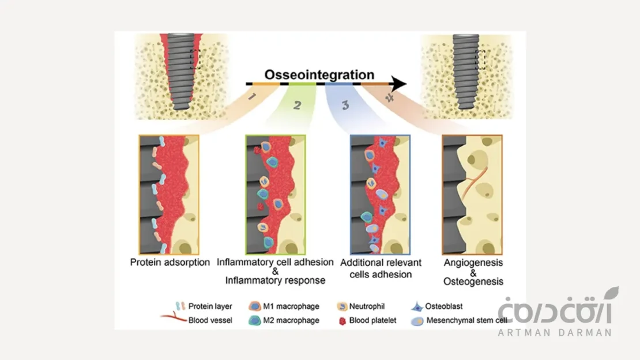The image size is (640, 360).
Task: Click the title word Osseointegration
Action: pos(319,74)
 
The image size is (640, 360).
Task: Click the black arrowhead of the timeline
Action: pos(398,84)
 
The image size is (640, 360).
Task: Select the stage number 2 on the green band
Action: pos(296,105)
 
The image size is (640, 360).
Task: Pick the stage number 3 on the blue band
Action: pos(345,105)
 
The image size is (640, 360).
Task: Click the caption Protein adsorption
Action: pos(170,262)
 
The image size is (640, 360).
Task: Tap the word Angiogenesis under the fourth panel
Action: pos(473,262)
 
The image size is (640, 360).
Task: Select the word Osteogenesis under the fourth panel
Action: pos(473,282)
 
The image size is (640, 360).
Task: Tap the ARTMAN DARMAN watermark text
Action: pos(553,333)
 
